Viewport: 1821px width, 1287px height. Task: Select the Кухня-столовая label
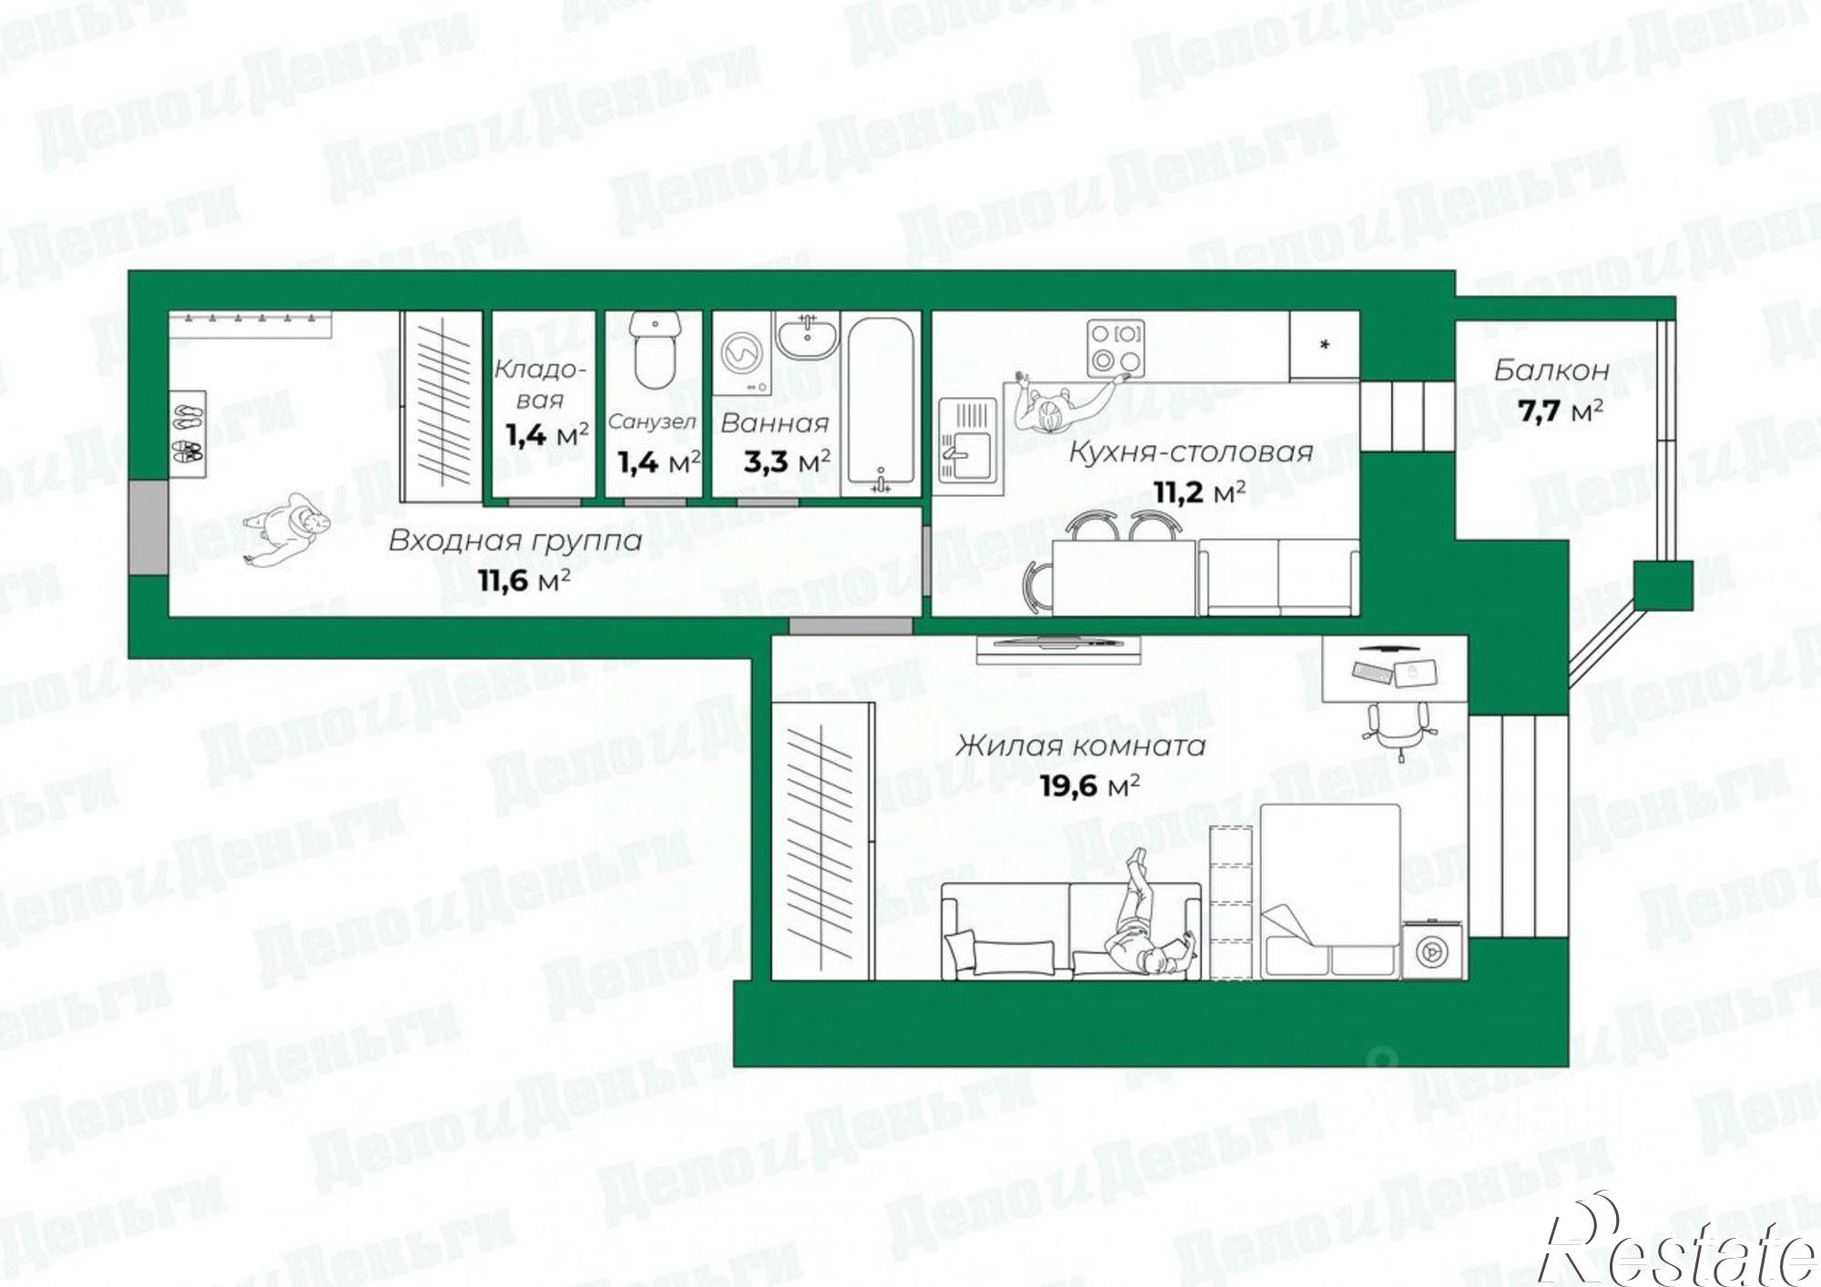click(x=1190, y=452)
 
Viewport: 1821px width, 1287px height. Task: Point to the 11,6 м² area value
click(x=524, y=579)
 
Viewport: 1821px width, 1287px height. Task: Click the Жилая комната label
click(x=1080, y=746)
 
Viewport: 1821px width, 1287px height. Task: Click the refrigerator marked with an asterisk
click(x=1324, y=346)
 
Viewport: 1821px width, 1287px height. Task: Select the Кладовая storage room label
click(x=540, y=384)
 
